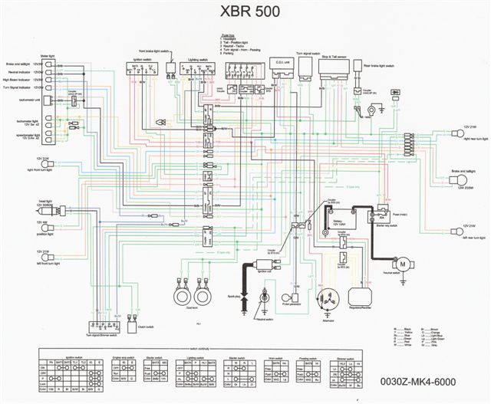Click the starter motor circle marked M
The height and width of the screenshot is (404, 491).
(x=400, y=263)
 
